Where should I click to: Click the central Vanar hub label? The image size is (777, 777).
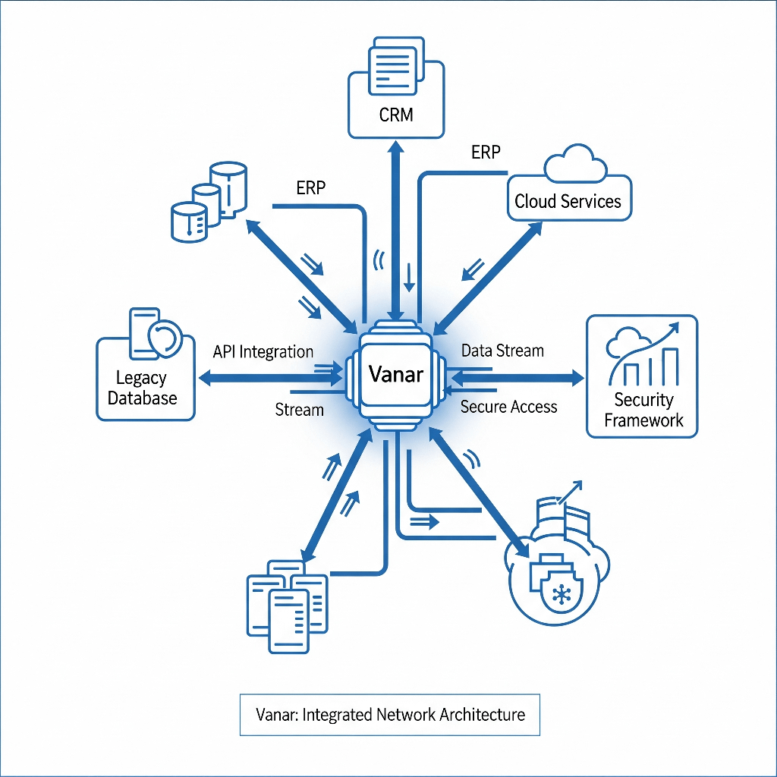[x=395, y=374]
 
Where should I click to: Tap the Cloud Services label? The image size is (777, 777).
[x=568, y=201]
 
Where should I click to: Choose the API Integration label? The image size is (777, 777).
[x=263, y=352]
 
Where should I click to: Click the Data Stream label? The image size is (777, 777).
[x=502, y=351]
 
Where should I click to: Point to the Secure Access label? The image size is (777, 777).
[x=508, y=407]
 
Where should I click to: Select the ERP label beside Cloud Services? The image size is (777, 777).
[x=486, y=153]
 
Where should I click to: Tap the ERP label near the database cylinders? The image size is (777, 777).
[x=311, y=188]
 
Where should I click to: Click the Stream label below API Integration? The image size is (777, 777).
[x=299, y=410]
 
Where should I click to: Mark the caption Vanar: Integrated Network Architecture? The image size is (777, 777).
[x=389, y=714]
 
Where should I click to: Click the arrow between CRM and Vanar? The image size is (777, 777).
[x=396, y=228]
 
